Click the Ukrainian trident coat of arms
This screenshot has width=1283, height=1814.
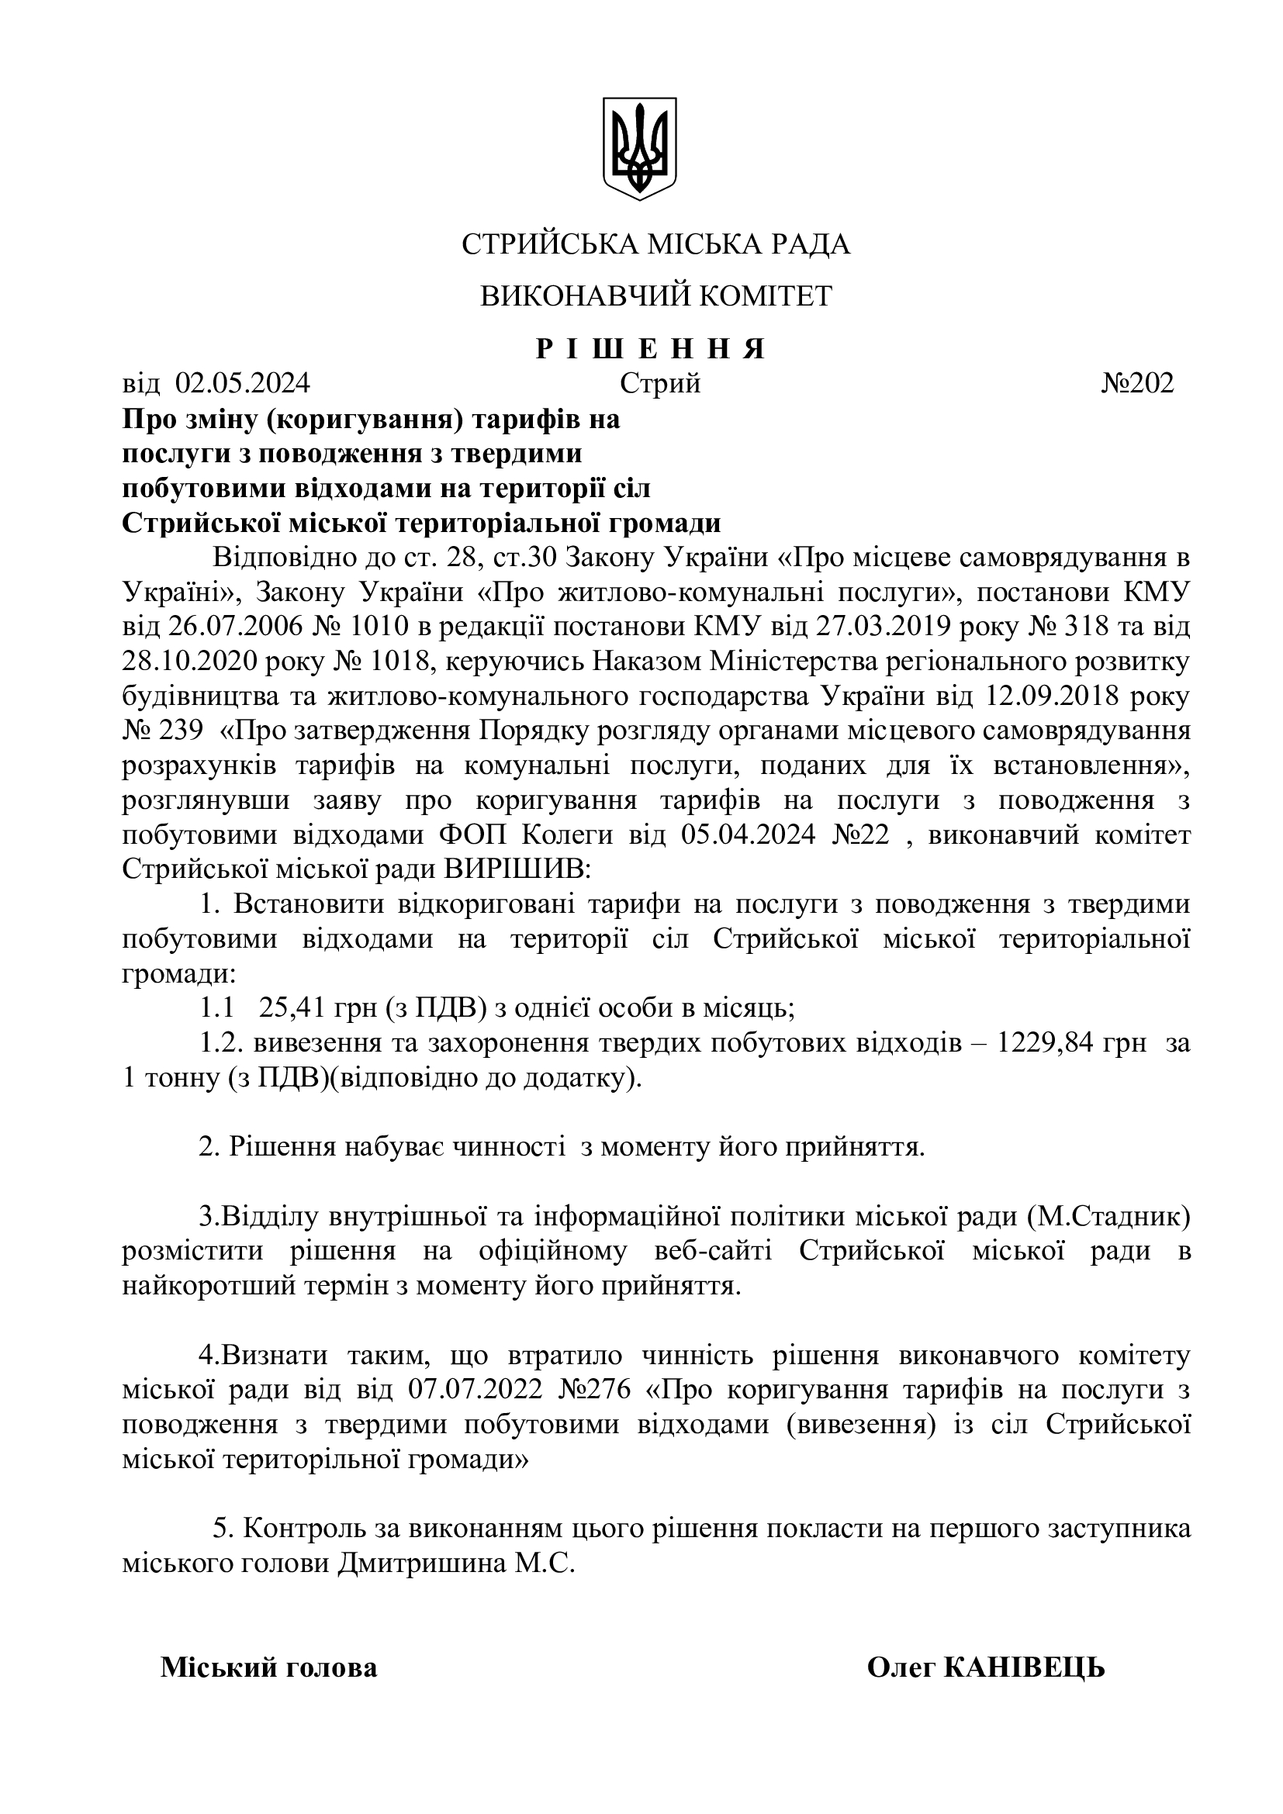click(640, 148)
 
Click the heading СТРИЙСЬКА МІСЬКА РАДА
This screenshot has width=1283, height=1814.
click(655, 245)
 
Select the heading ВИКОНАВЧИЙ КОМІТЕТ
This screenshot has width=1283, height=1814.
click(655, 296)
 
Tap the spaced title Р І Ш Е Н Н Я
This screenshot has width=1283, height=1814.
click(651, 348)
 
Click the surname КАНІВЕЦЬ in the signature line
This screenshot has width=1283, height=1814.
click(1024, 1668)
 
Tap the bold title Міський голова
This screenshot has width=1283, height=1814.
click(269, 1668)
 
